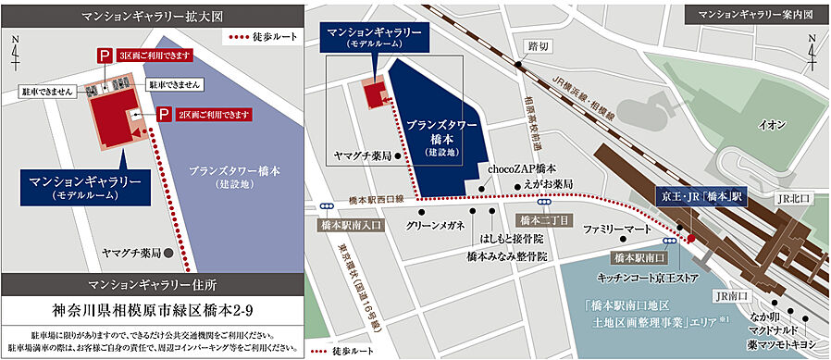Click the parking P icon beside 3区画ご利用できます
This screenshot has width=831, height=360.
coord(102,56)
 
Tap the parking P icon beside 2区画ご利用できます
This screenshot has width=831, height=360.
coord(163,114)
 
